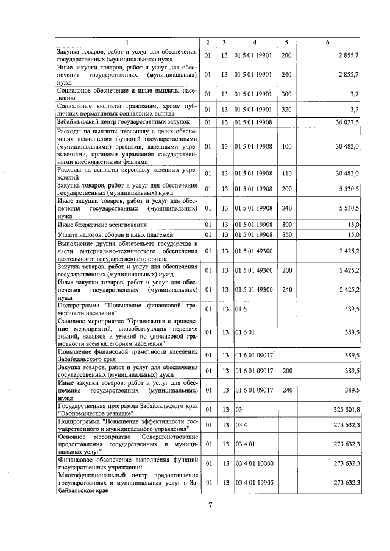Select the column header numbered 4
tap(254, 42)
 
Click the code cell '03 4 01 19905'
tap(255, 483)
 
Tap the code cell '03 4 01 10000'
tap(255, 463)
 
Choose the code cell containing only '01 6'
tap(242, 309)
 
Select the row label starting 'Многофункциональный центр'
tap(127, 483)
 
